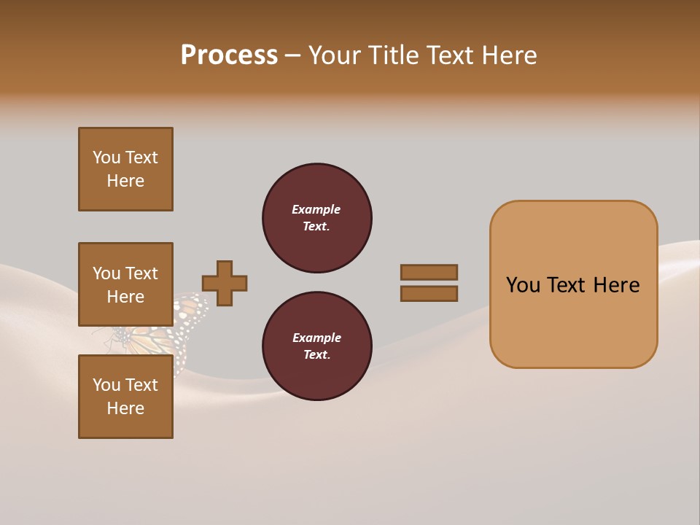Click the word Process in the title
[x=229, y=55]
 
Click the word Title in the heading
[x=394, y=55]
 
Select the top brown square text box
[x=125, y=169]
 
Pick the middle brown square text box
[x=125, y=284]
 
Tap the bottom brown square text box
[x=125, y=397]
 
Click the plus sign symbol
[x=225, y=283]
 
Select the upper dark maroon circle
[x=316, y=218]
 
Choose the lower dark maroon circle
[x=316, y=346]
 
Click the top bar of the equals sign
[x=429, y=272]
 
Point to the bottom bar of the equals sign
[x=429, y=294]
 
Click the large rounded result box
[x=573, y=284]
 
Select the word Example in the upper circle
[x=316, y=209]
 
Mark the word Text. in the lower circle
[x=316, y=355]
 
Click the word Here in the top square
[x=125, y=181]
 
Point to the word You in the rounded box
[x=524, y=285]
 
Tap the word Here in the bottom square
[x=125, y=408]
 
